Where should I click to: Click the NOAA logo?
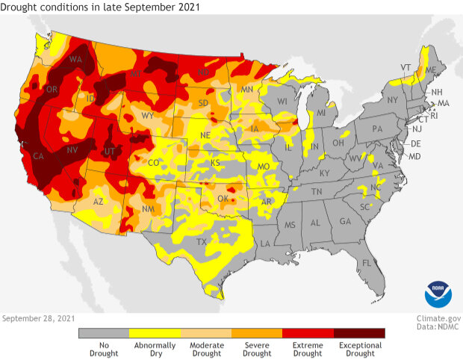(438, 294)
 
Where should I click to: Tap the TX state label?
(201, 242)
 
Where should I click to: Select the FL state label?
(366, 264)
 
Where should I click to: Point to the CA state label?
(35, 156)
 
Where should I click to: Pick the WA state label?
(76, 59)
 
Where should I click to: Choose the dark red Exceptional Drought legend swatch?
(359, 333)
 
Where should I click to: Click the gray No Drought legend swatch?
(104, 333)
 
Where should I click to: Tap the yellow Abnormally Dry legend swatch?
(155, 333)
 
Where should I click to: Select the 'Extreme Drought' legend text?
(308, 349)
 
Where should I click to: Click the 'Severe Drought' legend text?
(257, 349)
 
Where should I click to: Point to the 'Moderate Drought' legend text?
(205, 349)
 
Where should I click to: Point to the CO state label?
(153, 163)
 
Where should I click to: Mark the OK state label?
(223, 199)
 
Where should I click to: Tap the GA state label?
(345, 222)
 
